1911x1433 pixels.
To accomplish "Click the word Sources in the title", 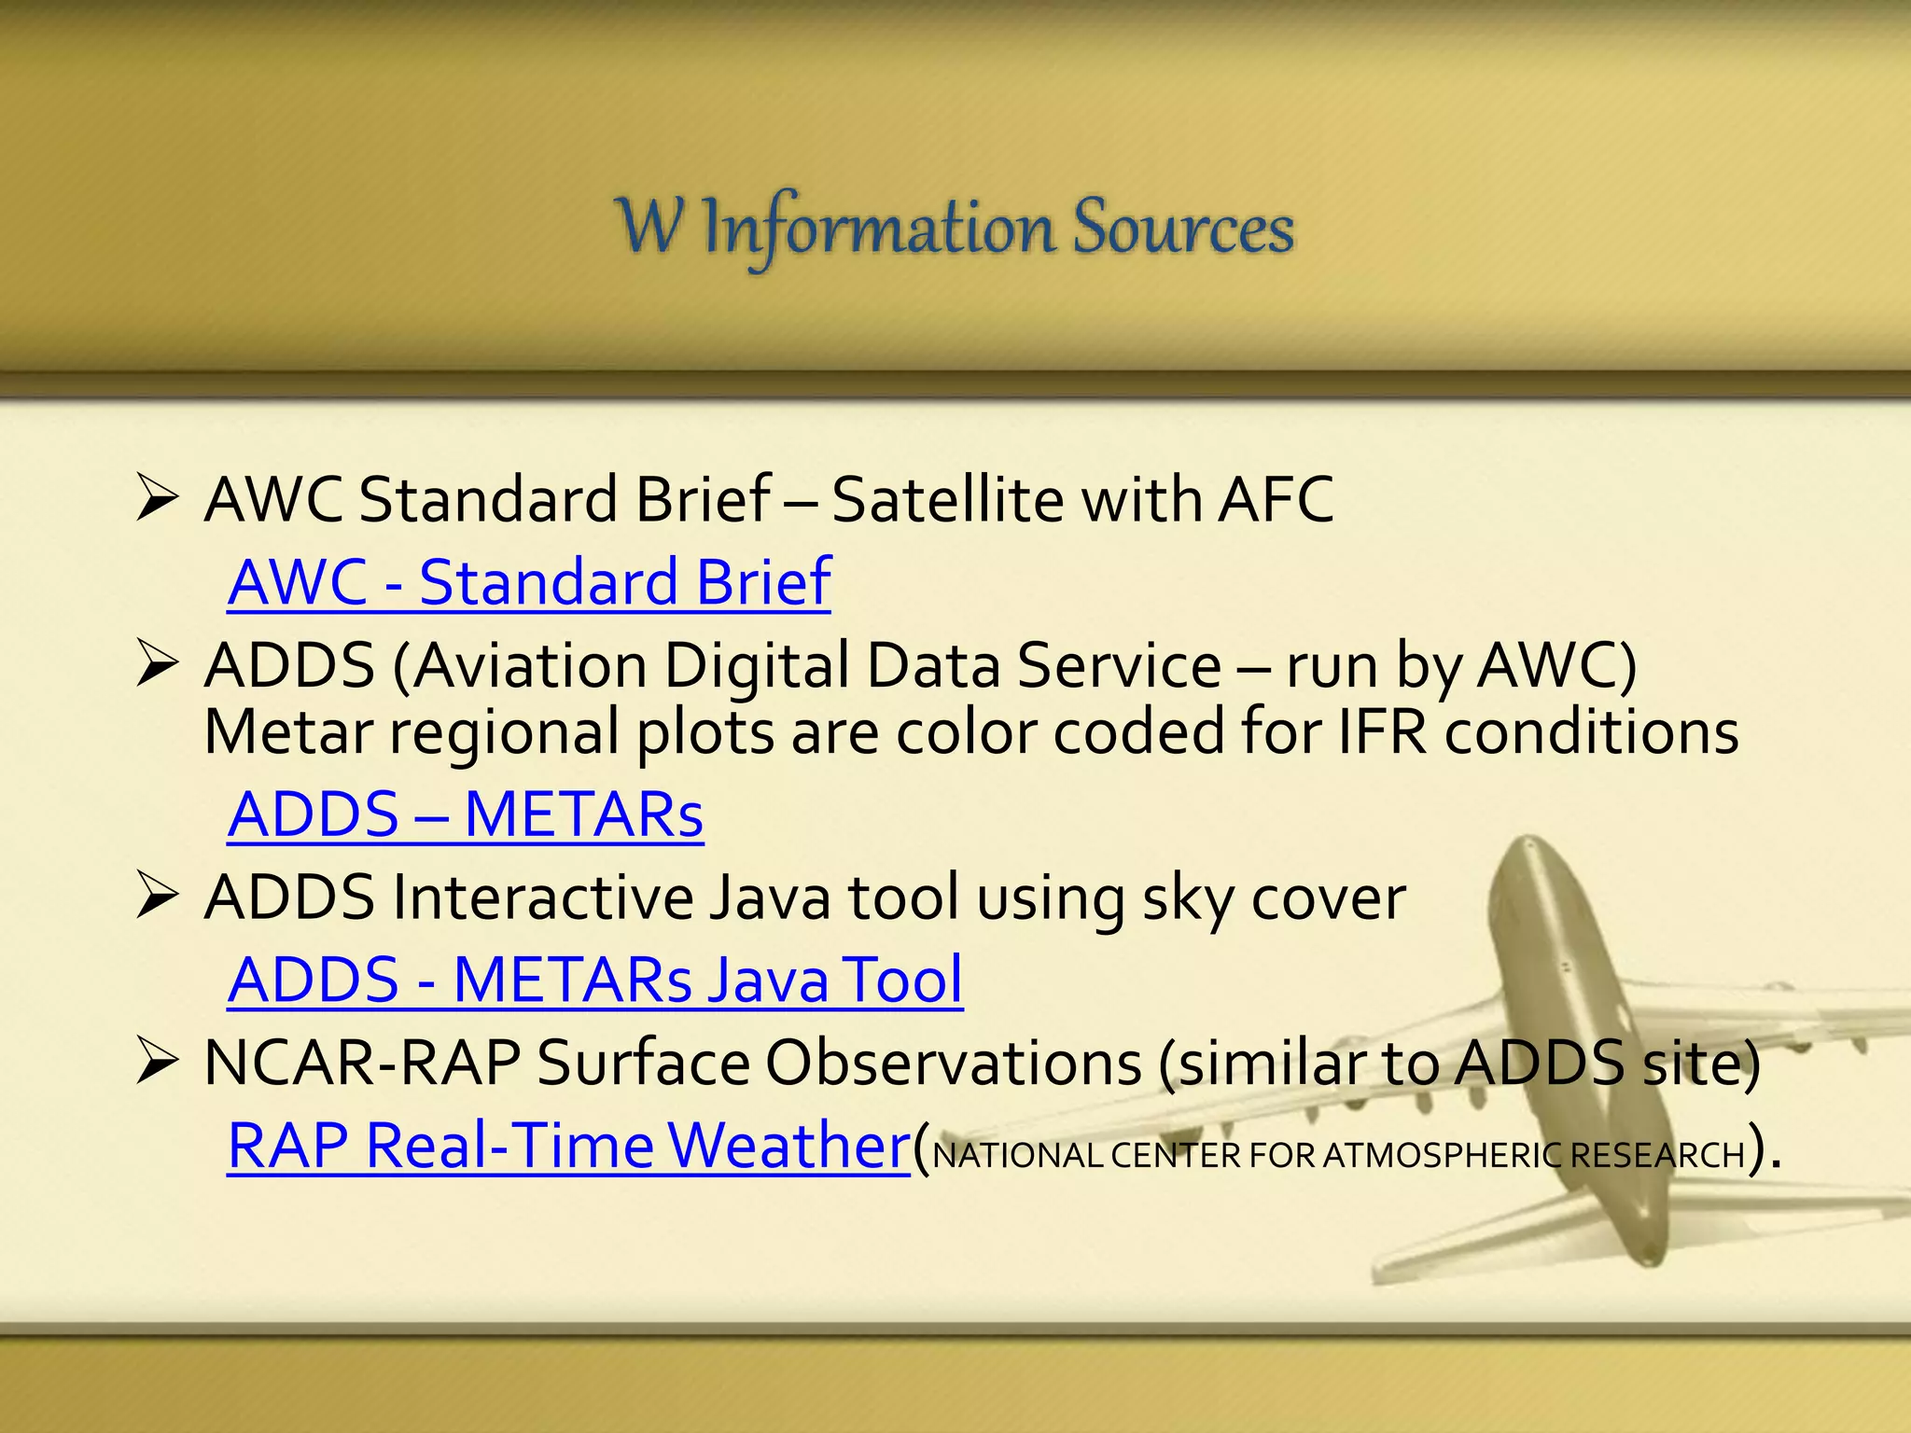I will pos(1182,228).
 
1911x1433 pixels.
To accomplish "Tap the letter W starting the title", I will pos(650,226).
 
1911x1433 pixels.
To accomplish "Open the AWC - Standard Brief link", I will pos(529,583).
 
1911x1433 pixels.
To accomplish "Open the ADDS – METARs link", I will pos(465,815).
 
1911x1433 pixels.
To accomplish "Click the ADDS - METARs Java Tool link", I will pos(594,981).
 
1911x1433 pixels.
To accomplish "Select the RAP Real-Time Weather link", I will pos(568,1147).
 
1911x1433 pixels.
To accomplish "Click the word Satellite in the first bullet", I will pos(946,500).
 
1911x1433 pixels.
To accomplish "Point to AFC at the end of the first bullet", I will pos(1276,500).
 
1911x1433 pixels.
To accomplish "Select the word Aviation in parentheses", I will pos(530,667).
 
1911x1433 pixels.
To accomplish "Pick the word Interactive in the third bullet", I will pos(541,898).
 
